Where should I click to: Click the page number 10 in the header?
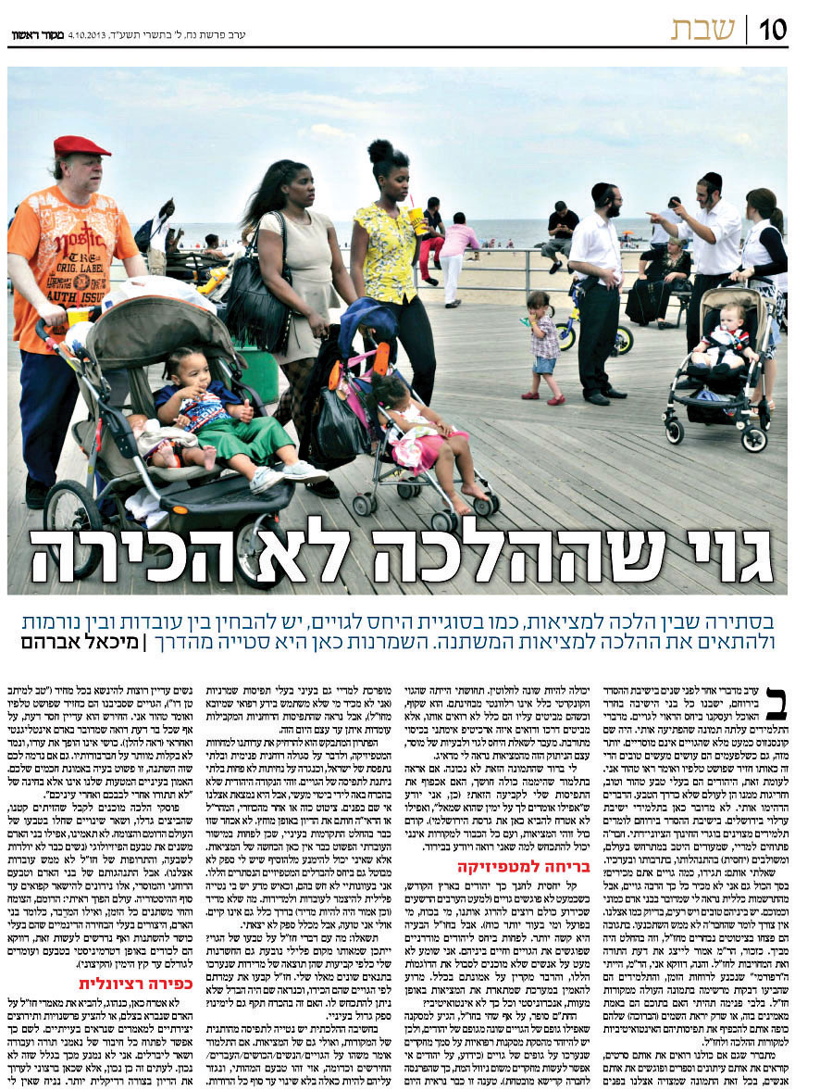click(774, 31)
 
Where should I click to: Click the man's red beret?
click(81, 145)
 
